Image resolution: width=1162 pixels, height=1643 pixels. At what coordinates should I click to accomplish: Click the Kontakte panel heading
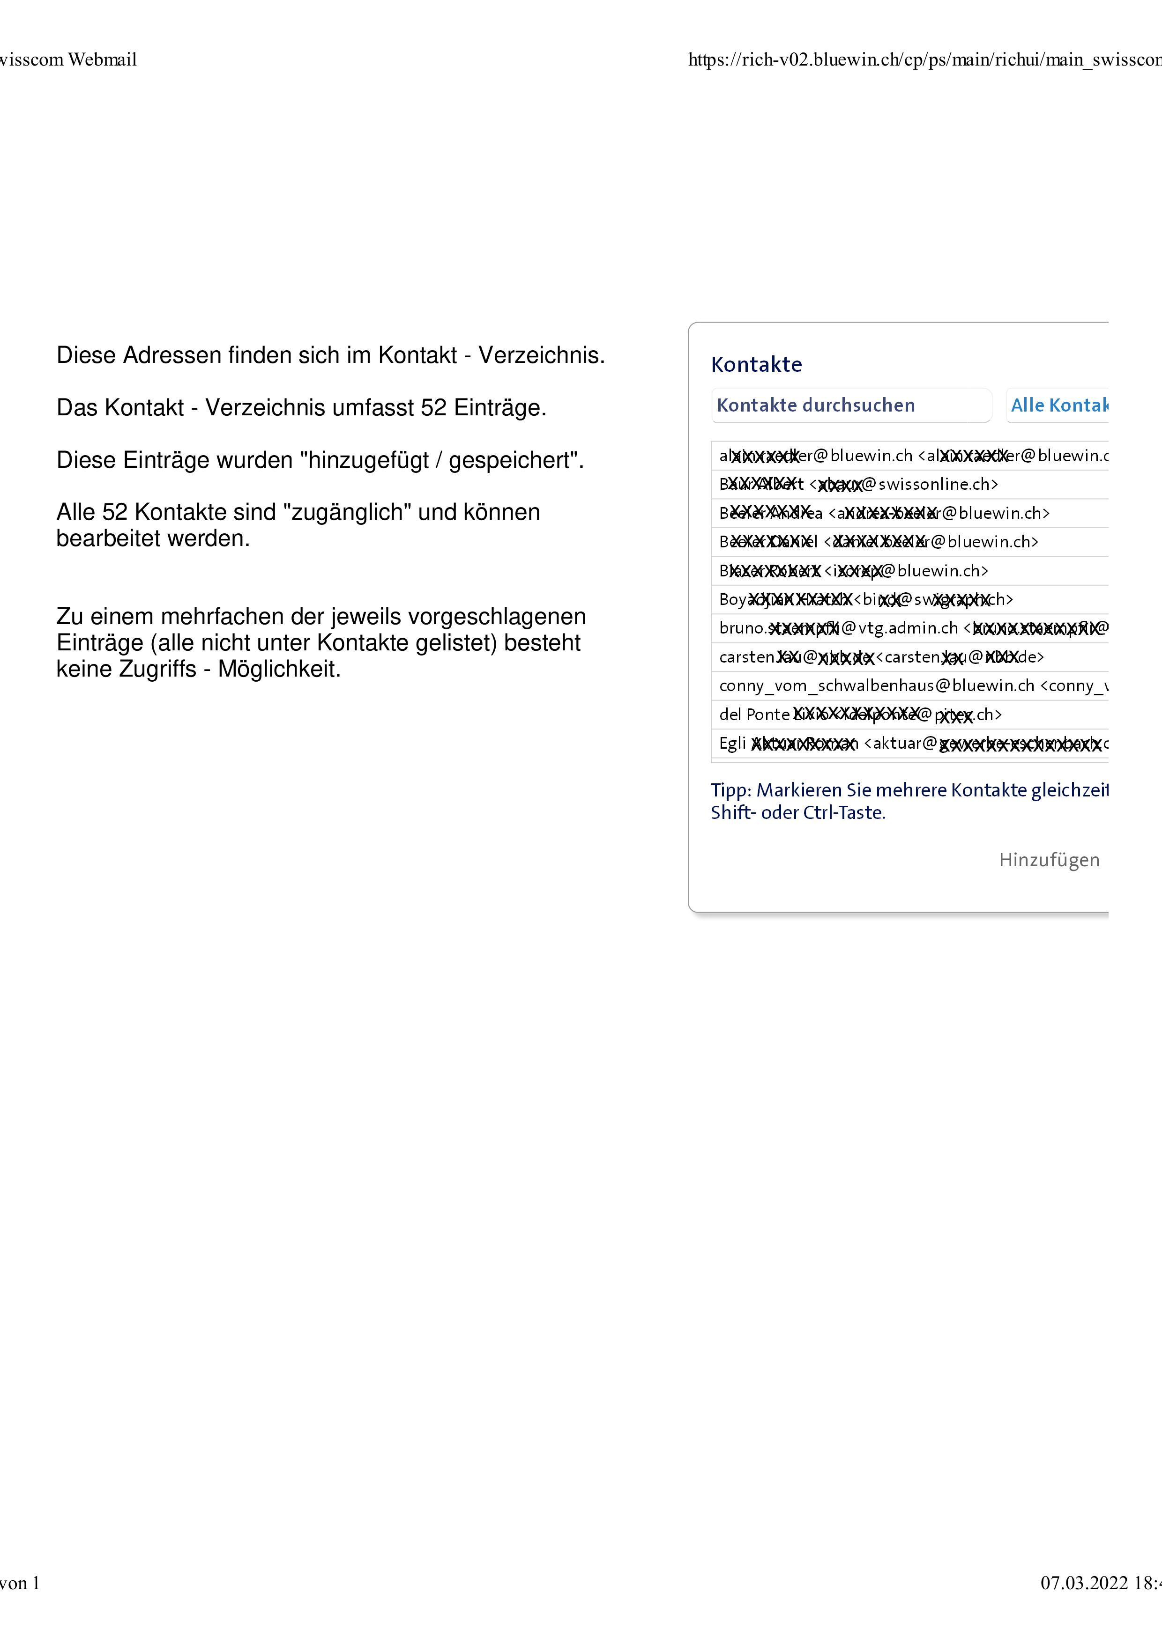(756, 364)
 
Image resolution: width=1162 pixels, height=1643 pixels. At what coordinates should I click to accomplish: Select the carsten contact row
(880, 657)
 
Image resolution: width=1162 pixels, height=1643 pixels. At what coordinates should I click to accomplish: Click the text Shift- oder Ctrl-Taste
(797, 813)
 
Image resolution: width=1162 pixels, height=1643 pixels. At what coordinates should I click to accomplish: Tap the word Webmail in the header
(103, 59)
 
